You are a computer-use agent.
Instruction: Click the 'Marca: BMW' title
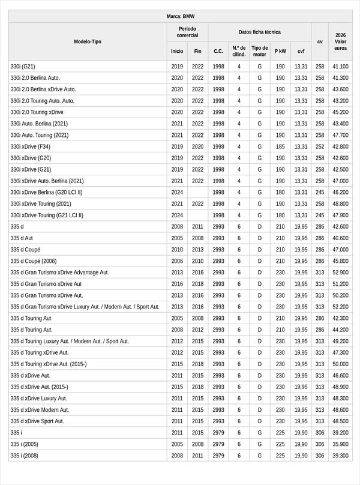tap(181, 16)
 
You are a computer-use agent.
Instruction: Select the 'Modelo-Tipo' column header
tap(88, 41)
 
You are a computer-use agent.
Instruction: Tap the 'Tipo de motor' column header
tap(260, 51)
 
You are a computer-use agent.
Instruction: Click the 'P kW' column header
tap(280, 51)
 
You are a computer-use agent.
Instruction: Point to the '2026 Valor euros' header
tap(340, 41)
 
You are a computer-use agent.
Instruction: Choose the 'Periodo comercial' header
tap(187, 32)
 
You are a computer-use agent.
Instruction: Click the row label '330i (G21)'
tap(23, 67)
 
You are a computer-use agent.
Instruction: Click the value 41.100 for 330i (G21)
tap(340, 67)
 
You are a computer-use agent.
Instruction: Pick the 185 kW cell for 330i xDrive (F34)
tap(280, 146)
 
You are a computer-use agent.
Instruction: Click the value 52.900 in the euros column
tap(340, 273)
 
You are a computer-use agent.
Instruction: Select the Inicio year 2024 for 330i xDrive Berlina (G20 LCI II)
tap(177, 193)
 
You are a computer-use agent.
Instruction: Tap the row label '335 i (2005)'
tap(25, 444)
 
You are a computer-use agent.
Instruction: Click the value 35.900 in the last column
tap(340, 444)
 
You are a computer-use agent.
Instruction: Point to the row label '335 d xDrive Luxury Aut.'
tap(39, 399)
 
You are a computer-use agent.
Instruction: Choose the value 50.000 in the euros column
tap(340, 364)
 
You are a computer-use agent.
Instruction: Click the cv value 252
tap(320, 146)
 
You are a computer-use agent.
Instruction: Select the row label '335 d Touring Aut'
tap(31, 318)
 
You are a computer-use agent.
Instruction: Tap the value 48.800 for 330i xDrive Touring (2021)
tap(340, 204)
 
